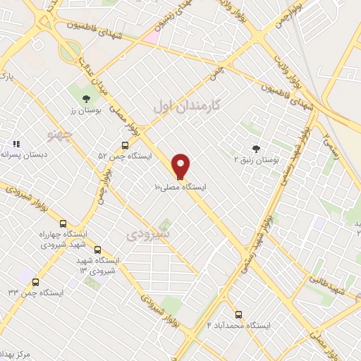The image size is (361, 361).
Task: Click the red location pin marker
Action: click(181, 166)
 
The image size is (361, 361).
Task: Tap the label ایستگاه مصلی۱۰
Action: click(181, 188)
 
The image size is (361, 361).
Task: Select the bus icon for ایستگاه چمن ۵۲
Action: click(125, 145)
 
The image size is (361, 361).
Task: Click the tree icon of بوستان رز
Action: click(86, 99)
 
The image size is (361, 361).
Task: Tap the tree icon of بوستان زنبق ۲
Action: click(256, 148)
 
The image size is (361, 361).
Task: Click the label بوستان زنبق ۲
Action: click(257, 159)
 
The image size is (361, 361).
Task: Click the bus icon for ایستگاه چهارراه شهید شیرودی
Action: click(63, 223)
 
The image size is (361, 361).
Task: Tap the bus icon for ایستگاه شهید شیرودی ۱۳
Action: click(97, 250)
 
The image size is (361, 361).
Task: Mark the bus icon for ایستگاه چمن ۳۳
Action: click(36, 281)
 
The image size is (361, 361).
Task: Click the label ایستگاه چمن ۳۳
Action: click(36, 292)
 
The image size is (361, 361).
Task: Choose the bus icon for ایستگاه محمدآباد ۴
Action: click(238, 314)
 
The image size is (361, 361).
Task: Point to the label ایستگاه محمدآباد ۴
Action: click(239, 325)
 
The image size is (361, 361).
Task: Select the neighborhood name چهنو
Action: click(59, 134)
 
